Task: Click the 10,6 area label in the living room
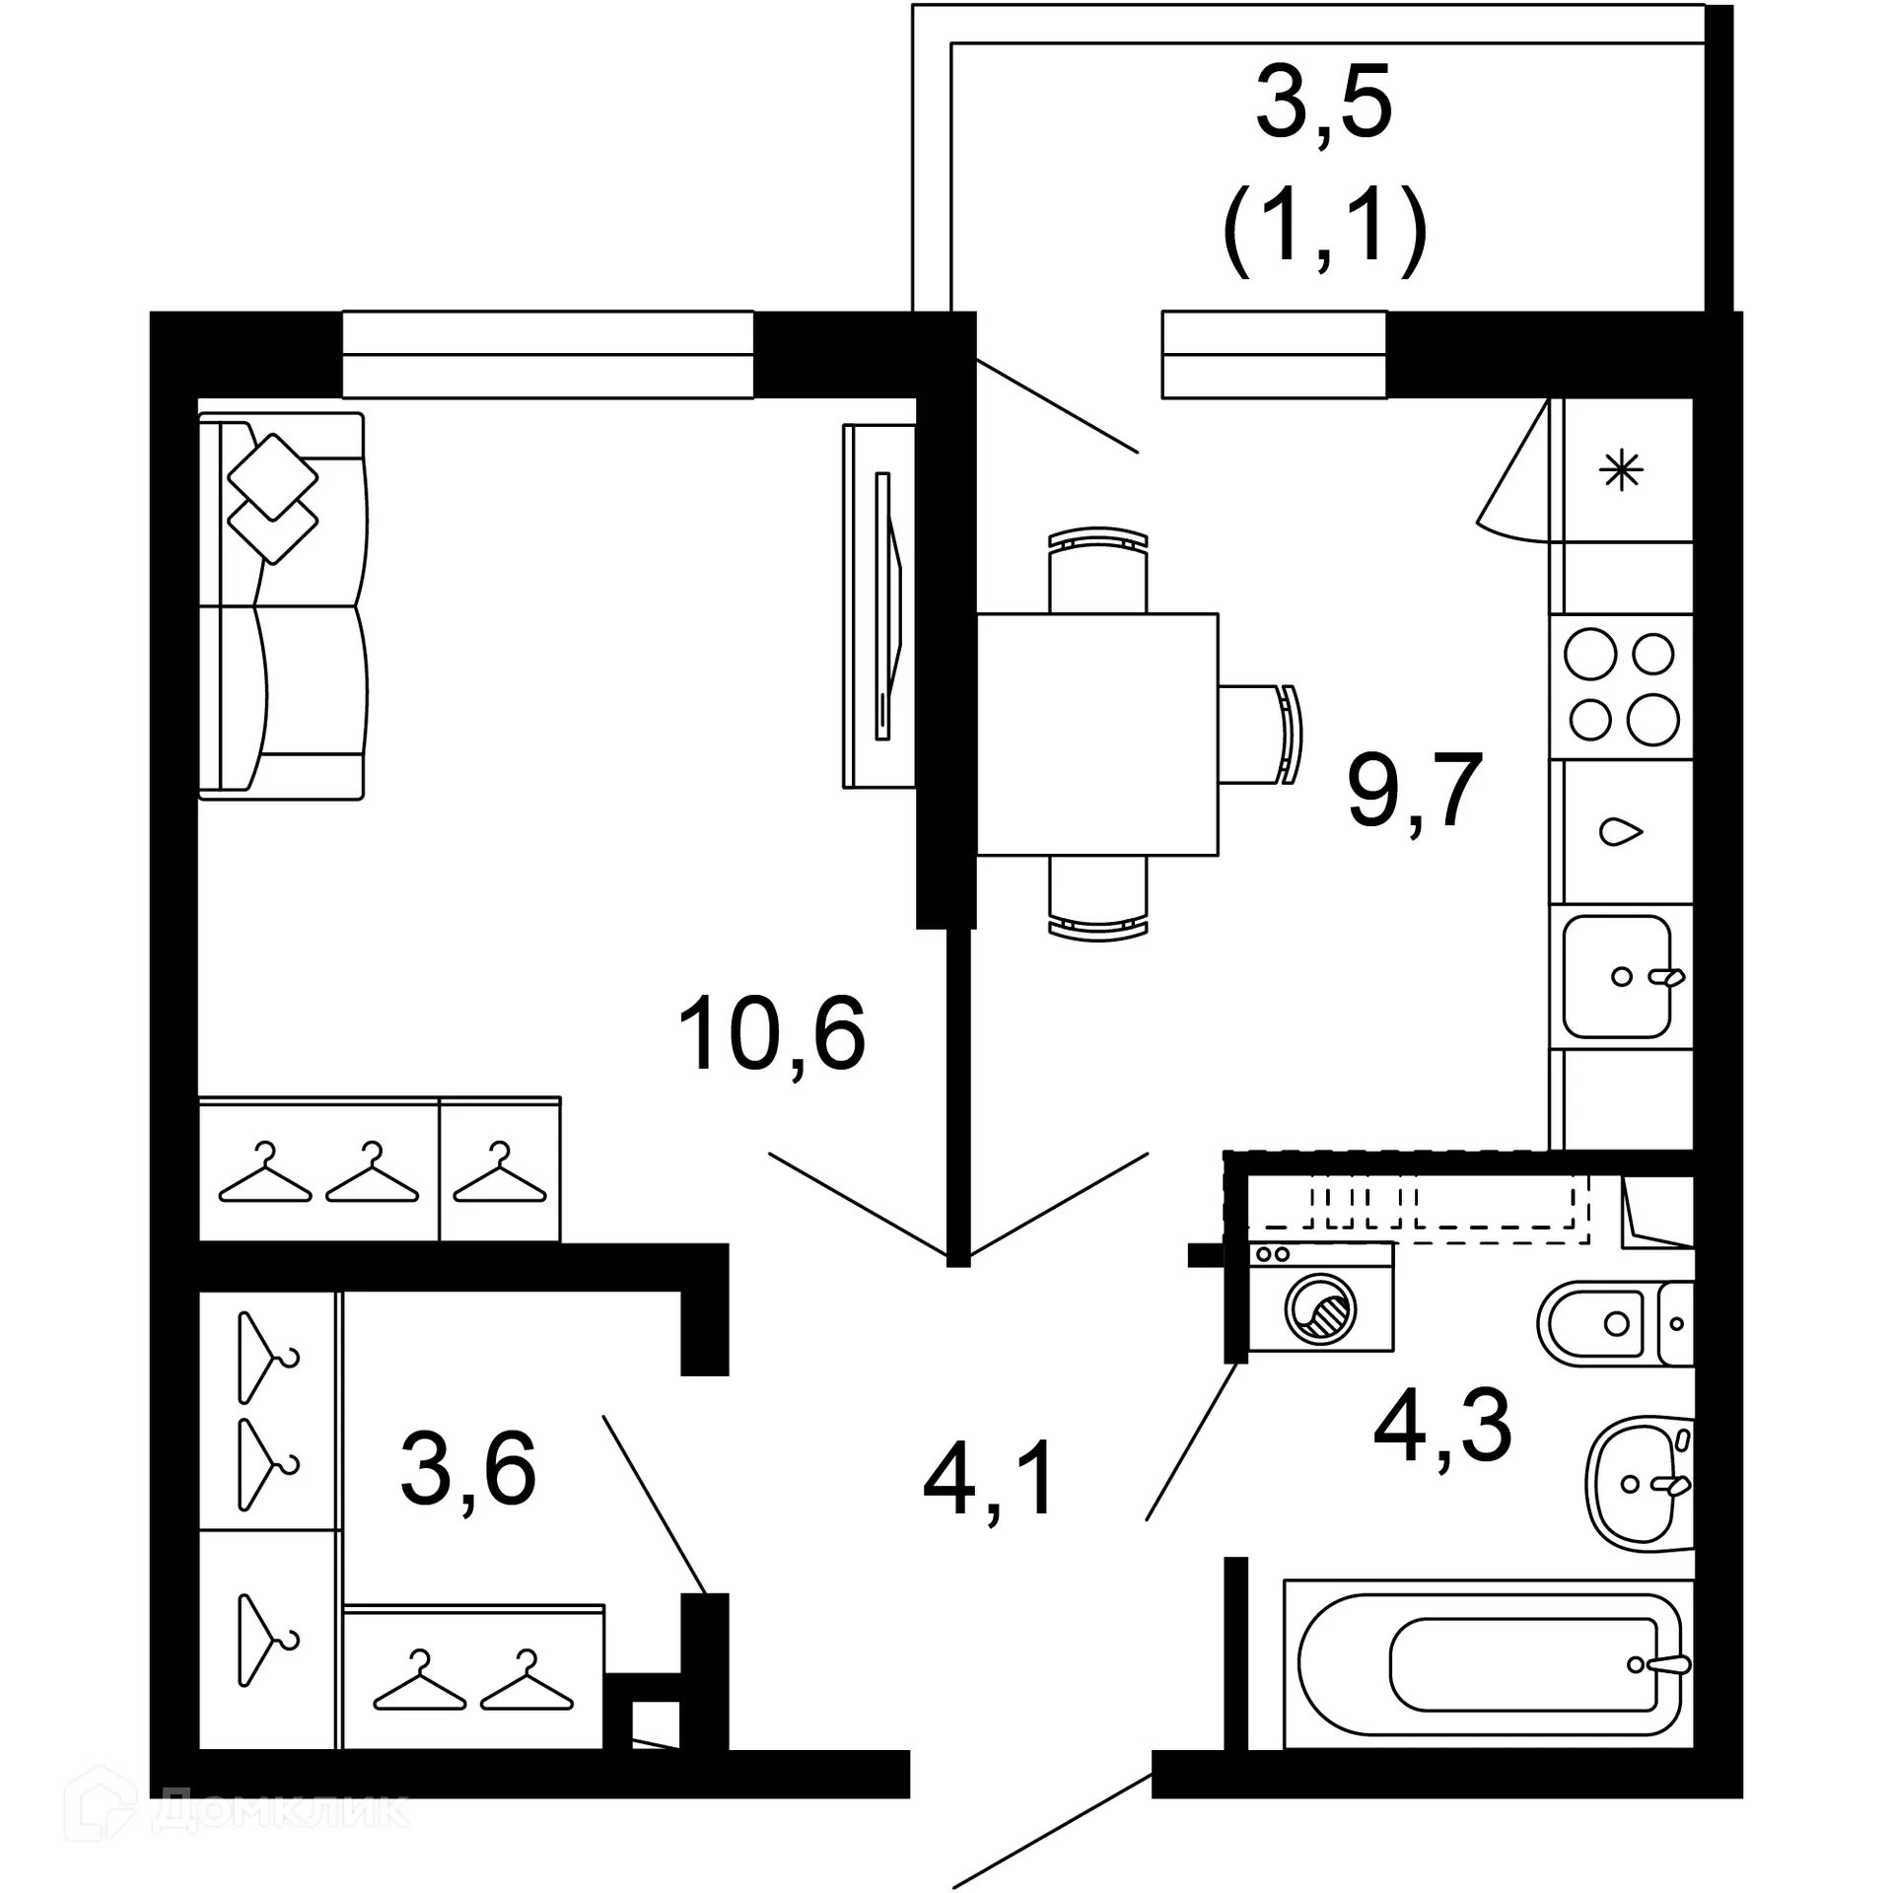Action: point(771,1033)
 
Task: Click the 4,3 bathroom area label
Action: point(1442,1426)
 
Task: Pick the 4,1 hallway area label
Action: point(990,1479)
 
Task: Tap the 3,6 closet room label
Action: point(468,1469)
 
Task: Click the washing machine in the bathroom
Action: point(1321,1307)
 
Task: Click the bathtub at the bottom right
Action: point(1489,1665)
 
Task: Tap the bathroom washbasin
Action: point(1637,1483)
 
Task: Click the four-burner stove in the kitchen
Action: point(1621,687)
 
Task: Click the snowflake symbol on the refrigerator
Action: point(1622,470)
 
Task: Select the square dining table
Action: point(1097,734)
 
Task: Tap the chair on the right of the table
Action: point(1262,734)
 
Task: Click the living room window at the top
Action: point(548,355)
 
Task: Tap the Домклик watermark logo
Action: point(237,1812)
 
